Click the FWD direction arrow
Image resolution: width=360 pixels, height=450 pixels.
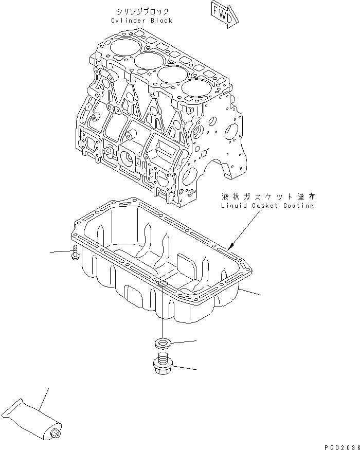pos(224,13)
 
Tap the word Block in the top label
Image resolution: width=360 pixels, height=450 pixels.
pos(161,21)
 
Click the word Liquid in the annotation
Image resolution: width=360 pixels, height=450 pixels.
pos(234,206)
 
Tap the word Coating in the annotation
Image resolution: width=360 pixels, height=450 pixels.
pos(300,206)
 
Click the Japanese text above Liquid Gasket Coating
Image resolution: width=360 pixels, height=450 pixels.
pos(267,196)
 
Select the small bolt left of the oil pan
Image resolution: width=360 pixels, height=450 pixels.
pos(75,252)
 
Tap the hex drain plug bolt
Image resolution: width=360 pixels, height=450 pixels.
pos(163,365)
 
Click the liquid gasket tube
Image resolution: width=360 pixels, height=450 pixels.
pos(31,417)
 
